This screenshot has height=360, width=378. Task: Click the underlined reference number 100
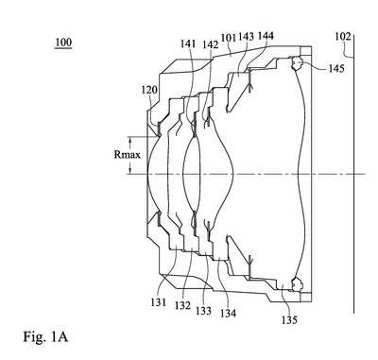63,43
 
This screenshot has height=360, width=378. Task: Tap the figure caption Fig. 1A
45,336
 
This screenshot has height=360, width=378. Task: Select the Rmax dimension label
127,155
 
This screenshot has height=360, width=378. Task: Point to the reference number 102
342,37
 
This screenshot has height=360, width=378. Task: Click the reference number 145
336,68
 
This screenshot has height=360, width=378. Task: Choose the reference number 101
229,38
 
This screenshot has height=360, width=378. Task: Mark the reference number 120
148,90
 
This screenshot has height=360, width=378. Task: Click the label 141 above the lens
188,43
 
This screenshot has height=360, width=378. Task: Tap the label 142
211,44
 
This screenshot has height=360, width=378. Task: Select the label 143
246,37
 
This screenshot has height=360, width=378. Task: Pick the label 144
266,36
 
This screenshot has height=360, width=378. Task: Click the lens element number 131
158,302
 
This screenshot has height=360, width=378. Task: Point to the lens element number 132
183,305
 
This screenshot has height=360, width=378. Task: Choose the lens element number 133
203,311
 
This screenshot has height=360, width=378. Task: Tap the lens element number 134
228,313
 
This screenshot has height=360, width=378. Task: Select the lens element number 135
289,320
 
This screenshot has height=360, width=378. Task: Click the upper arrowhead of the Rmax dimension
129,139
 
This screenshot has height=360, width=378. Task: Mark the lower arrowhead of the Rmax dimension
129,171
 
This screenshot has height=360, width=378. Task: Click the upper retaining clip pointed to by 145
297,63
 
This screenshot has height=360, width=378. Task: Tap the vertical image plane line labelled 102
353,173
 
